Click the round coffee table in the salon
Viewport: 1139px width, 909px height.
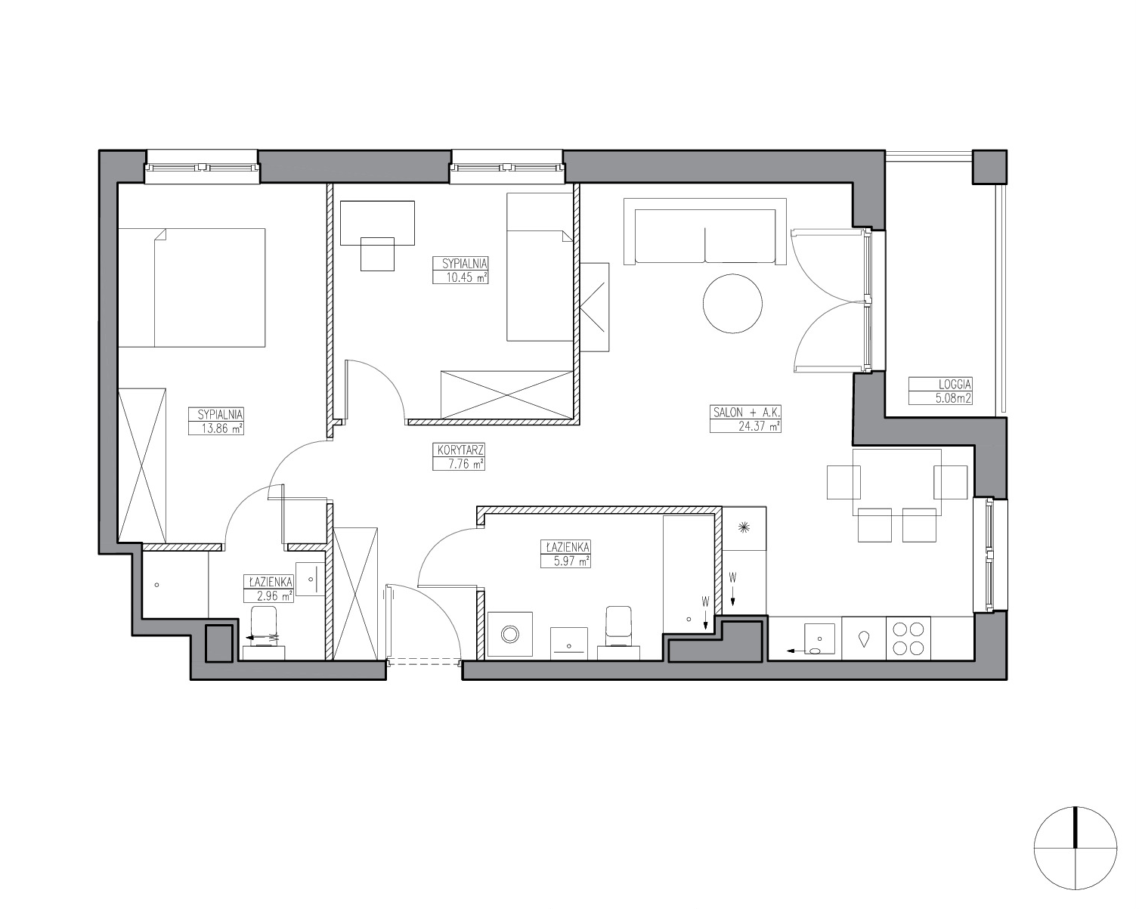[x=732, y=304]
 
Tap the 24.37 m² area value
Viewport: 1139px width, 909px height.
[x=759, y=426]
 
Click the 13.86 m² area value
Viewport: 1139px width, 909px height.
[x=222, y=428]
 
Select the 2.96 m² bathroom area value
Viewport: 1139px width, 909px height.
[x=274, y=596]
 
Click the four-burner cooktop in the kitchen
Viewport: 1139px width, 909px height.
[x=908, y=638]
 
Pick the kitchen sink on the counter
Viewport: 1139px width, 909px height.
[x=819, y=638]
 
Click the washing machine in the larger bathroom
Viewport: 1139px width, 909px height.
[x=510, y=635]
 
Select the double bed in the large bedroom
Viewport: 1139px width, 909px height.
[x=192, y=288]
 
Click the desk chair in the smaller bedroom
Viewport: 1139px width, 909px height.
[x=377, y=254]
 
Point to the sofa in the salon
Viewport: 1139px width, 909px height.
[x=705, y=231]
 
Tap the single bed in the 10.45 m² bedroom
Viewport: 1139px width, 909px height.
[x=540, y=267]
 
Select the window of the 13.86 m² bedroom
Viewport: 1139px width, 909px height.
[x=203, y=167]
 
